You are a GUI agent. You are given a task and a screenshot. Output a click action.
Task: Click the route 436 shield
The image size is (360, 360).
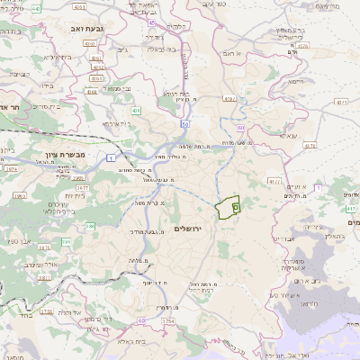click(x=136, y=110)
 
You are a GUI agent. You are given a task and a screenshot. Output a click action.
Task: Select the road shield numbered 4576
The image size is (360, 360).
click(x=302, y=44)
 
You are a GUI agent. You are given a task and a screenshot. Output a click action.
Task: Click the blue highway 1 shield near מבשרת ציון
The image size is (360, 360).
click(x=111, y=157)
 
